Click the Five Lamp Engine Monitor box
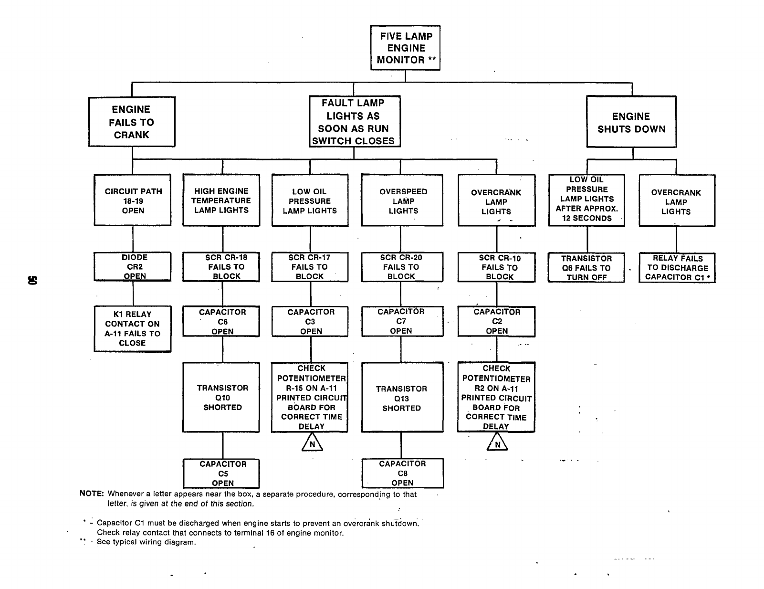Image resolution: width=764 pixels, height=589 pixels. point(405,48)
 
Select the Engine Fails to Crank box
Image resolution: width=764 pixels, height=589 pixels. point(132,122)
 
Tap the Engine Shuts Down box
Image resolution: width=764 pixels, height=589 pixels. point(631,122)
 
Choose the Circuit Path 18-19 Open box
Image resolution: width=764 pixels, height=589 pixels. point(133,200)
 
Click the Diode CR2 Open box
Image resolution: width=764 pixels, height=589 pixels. point(133,266)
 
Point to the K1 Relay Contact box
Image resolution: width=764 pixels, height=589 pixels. point(133,328)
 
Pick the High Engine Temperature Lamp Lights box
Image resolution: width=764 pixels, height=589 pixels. point(221,200)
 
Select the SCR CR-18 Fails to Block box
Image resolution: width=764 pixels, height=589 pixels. point(221,267)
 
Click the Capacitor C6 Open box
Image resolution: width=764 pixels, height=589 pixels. point(221,321)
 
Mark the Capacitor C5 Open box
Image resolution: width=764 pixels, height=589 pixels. point(221,473)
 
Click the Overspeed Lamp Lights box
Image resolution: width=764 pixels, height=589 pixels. point(402,200)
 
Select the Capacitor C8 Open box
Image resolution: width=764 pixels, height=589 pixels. point(402,473)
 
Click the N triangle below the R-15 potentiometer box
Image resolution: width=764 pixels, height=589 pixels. point(312,444)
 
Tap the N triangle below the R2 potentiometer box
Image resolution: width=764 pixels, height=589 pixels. point(497,444)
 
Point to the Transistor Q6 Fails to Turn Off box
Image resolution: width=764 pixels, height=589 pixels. point(586,268)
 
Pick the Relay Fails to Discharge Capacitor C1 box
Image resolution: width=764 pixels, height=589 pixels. point(677,268)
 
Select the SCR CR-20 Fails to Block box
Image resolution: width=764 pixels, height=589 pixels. point(402,267)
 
